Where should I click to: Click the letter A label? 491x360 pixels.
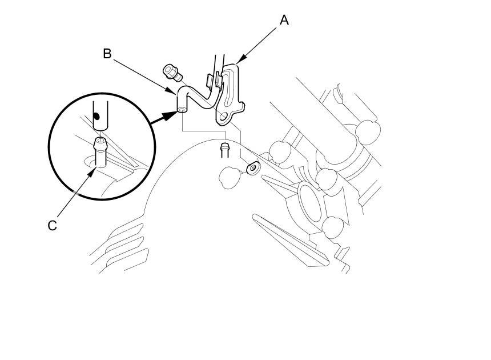pyautogui.click(x=284, y=21)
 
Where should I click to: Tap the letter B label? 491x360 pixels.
pyautogui.click(x=107, y=54)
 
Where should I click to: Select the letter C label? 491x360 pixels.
pyautogui.click(x=52, y=226)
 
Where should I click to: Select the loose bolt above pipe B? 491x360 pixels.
pyautogui.click(x=171, y=72)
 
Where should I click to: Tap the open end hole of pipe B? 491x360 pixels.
pyautogui.click(x=181, y=109)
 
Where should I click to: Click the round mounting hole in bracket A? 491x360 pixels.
pyautogui.click(x=222, y=118)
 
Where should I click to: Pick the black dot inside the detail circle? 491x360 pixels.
pyautogui.click(x=97, y=115)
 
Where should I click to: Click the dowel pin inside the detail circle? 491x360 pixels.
pyautogui.click(x=100, y=151)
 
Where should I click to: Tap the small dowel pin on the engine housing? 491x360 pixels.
pyautogui.click(x=224, y=150)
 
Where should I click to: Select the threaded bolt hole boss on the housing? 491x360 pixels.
pyautogui.click(x=252, y=167)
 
